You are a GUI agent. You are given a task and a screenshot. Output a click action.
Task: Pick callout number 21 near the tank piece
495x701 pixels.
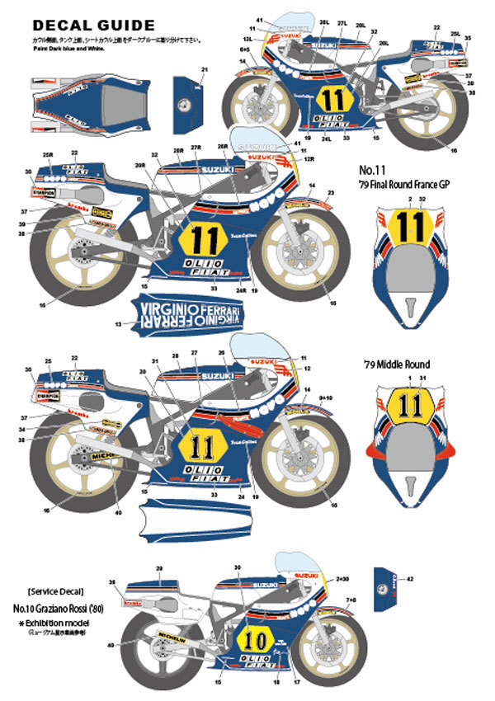click(204, 69)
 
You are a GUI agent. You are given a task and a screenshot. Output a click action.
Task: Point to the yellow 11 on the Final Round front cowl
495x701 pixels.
click(405, 226)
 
